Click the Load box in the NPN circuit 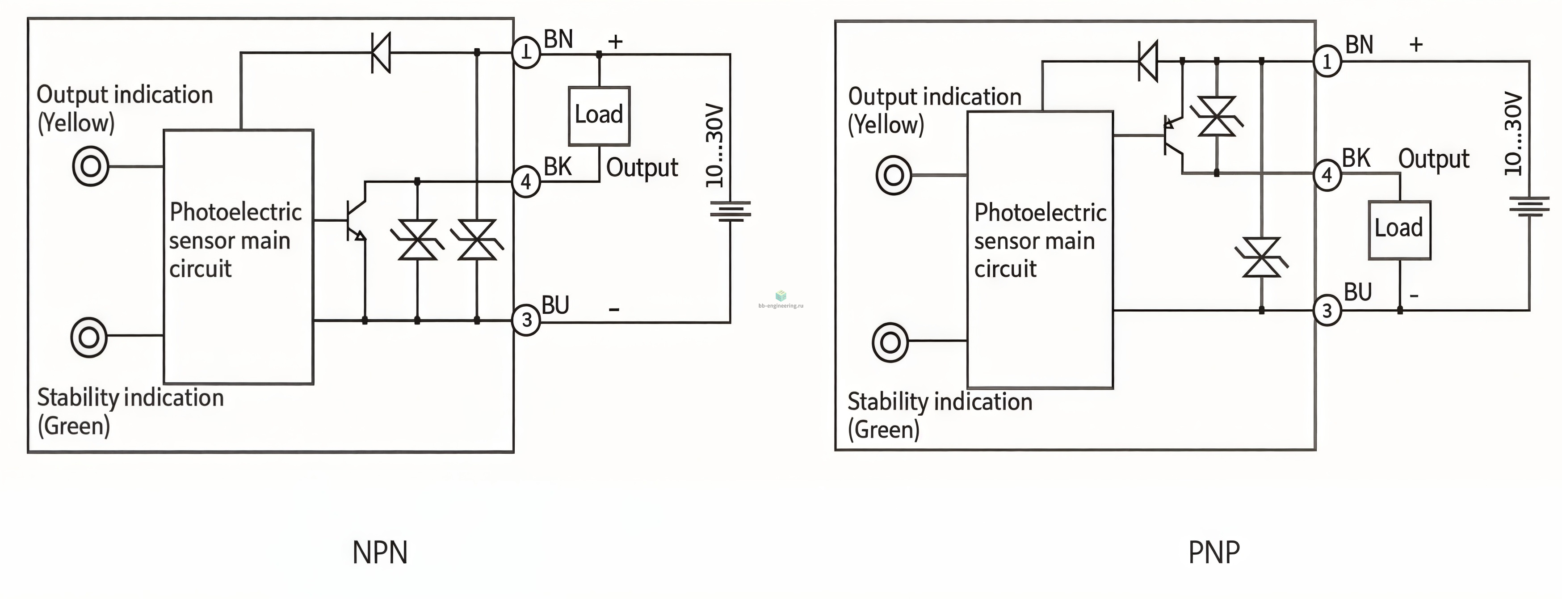click(599, 116)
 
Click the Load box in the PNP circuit click(1399, 230)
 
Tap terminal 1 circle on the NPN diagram click(526, 53)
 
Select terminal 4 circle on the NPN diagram click(526, 181)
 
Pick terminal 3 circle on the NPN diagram click(526, 320)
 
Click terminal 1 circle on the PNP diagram click(1327, 61)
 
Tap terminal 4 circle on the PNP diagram click(1327, 175)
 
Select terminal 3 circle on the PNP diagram click(1327, 311)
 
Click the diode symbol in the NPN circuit click(381, 53)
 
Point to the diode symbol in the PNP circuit click(1148, 61)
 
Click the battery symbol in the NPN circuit click(730, 211)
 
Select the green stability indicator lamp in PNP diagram click(890, 342)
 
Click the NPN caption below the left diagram click(380, 552)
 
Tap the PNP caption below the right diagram click(1214, 552)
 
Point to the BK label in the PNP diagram click(1356, 158)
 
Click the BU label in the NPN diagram click(555, 305)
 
